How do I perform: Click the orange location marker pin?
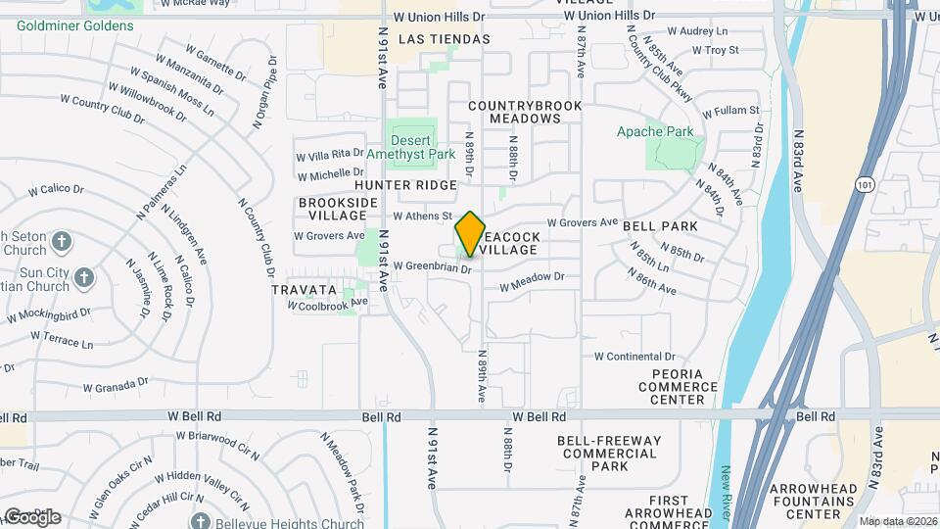(x=470, y=233)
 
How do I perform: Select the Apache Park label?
(x=655, y=131)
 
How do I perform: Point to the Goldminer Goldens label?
(x=74, y=25)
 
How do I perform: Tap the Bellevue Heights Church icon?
(x=201, y=521)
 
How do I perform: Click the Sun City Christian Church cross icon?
(x=82, y=278)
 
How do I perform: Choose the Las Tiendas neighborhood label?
(x=444, y=39)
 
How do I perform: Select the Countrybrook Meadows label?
(x=525, y=112)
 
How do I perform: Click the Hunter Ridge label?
(x=405, y=185)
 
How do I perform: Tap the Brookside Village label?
(x=338, y=209)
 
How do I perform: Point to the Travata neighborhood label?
(x=305, y=291)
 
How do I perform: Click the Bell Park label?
(x=660, y=226)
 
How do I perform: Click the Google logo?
(x=31, y=516)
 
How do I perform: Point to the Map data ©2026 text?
(x=898, y=521)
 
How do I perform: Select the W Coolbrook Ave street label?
(x=327, y=304)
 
